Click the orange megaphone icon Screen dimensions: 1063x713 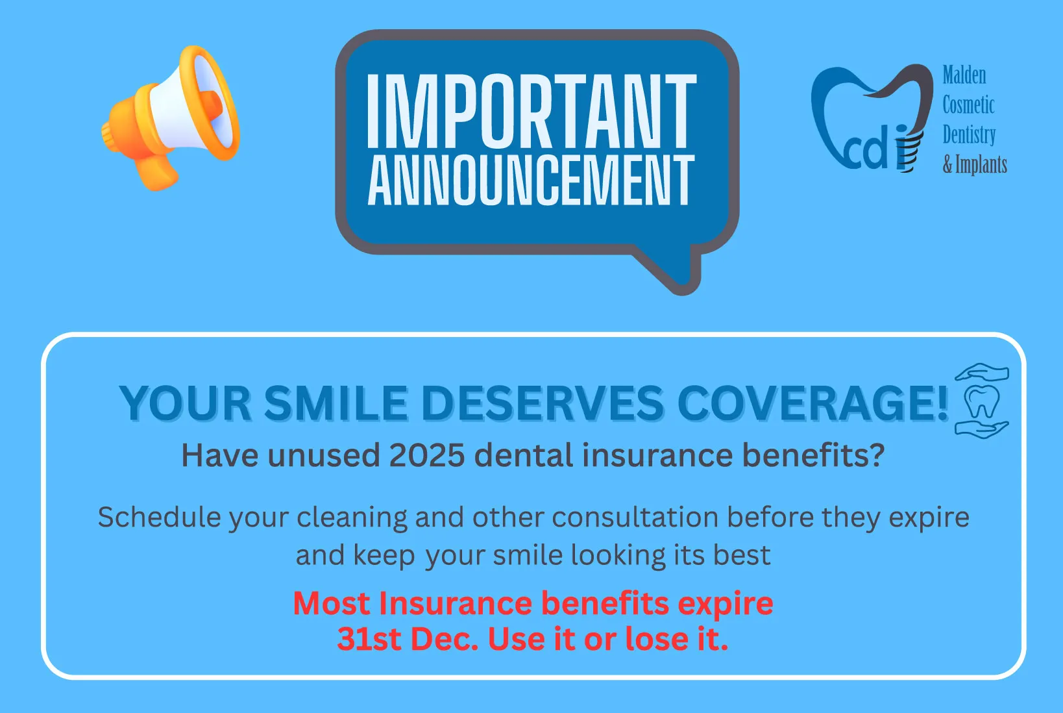point(170,118)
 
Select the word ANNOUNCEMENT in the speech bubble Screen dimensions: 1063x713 point(531,181)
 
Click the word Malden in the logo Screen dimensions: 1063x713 point(964,75)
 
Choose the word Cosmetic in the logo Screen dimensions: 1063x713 point(968,105)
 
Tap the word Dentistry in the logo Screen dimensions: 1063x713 point(969,135)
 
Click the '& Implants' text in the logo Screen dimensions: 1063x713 point(975,165)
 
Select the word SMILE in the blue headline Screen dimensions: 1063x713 point(336,403)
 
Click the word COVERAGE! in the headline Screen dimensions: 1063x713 point(813,403)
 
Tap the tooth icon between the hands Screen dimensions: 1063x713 point(982,401)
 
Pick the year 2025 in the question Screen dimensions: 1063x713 point(426,455)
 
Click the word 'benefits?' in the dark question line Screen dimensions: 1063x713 point(813,455)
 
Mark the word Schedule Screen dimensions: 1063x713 point(159,516)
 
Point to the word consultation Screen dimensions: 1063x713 point(635,516)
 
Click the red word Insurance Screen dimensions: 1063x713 point(456,603)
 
